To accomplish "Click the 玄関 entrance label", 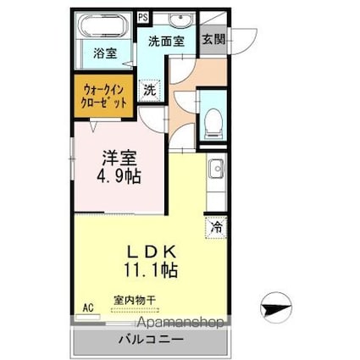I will tap(212, 39).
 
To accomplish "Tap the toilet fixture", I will tap(212, 124).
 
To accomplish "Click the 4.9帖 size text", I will tap(117, 178).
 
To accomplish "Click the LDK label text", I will tap(152, 252).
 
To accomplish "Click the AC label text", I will tap(86, 309).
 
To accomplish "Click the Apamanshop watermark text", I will tap(176, 323).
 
